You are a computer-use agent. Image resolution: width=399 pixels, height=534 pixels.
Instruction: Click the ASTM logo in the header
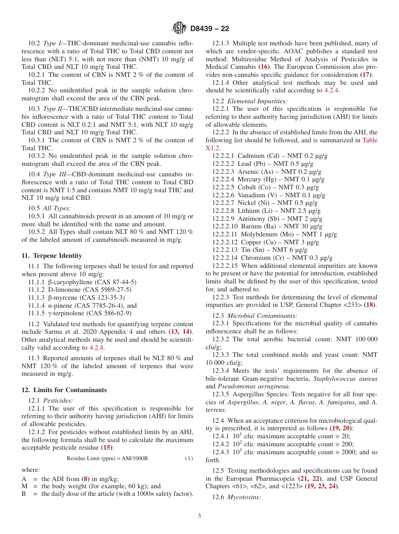pyautogui.click(x=179, y=28)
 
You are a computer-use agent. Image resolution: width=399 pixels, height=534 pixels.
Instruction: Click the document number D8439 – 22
pyautogui.click(x=210, y=29)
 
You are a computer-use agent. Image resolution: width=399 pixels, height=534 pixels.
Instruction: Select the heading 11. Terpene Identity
pyautogui.click(x=52, y=256)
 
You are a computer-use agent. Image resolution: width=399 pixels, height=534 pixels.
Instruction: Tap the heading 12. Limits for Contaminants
pyautogui.click(x=64, y=390)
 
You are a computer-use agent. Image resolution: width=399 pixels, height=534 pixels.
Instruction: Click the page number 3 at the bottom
pyautogui.click(x=199, y=516)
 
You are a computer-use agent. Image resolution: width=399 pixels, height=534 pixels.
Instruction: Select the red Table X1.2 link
pyautogui.click(x=370, y=140)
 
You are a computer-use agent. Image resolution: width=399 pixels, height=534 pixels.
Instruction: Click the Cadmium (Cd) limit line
pyautogui.click(x=270, y=156)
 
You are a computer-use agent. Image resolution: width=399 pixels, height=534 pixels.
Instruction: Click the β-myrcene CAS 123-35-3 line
pyautogui.click(x=82, y=298)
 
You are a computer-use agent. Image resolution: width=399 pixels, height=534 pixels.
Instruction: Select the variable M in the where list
pyautogui.click(x=24, y=486)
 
